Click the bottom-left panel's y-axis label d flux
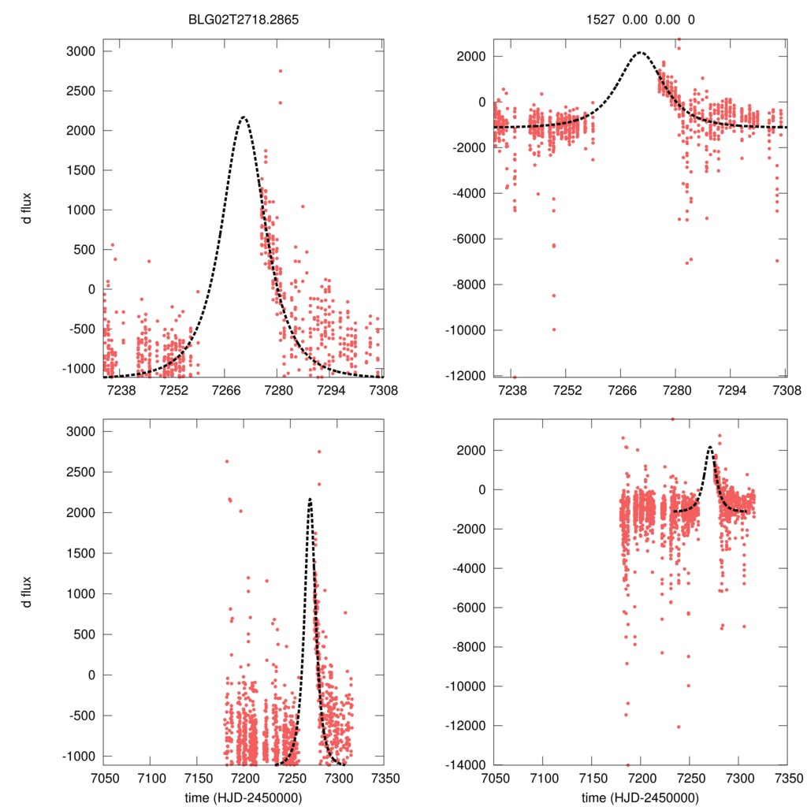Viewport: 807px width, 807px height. coord(28,593)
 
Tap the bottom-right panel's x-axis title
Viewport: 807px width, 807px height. coord(640,798)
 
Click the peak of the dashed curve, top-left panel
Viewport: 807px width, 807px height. coord(244,117)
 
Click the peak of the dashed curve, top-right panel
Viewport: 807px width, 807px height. coord(640,53)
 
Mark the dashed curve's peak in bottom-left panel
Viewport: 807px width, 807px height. coord(310,499)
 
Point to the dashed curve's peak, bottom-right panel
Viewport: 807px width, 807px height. coord(710,447)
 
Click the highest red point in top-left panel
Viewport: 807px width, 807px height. coord(280,71)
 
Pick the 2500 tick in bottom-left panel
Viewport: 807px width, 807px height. coord(80,472)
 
